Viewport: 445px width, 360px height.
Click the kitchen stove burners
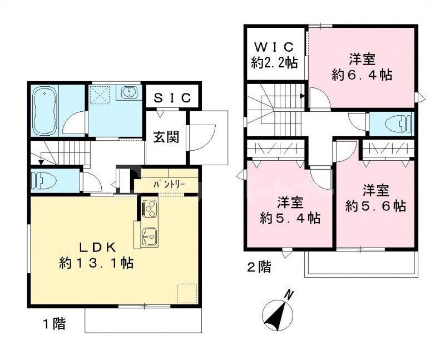click(x=149, y=209)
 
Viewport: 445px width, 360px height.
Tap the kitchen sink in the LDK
click(x=149, y=236)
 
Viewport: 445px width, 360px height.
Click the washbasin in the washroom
click(x=130, y=92)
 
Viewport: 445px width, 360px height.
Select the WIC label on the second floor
click(x=274, y=46)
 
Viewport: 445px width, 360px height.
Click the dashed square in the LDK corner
click(x=186, y=292)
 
